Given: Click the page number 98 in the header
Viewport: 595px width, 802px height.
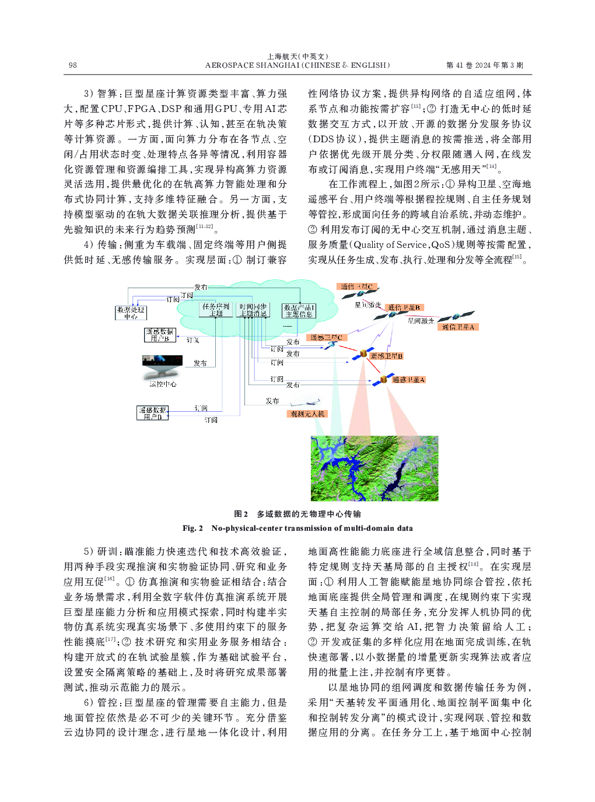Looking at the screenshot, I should (x=72, y=65).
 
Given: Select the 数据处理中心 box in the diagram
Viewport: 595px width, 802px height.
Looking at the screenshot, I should (x=131, y=313).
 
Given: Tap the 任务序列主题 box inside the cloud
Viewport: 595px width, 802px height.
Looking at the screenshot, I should (x=216, y=310).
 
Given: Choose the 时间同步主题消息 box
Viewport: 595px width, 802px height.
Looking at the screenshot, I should (x=253, y=310).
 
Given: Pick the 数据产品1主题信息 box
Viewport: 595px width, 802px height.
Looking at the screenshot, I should (x=299, y=311).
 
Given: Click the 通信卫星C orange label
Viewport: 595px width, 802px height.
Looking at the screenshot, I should (x=356, y=286).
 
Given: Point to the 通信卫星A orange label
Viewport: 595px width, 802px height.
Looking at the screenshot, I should (x=459, y=327).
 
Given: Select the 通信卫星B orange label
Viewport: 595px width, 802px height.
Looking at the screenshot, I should (x=404, y=307).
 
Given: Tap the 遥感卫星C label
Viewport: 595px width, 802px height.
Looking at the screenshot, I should (x=326, y=338).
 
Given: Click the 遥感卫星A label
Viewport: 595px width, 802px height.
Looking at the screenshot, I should (x=408, y=380).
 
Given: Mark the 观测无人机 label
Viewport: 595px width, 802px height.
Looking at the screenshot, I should (x=307, y=414).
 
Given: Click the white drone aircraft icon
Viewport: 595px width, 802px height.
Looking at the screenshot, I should (x=306, y=402).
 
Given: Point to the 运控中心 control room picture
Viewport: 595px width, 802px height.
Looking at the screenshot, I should (x=162, y=367).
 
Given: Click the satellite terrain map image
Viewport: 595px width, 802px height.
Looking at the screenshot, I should (x=374, y=468).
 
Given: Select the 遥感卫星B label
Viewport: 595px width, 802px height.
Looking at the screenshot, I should (x=386, y=356).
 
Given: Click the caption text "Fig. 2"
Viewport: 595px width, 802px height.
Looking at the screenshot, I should (x=192, y=528).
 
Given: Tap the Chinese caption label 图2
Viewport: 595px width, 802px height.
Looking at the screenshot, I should (x=241, y=514).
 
